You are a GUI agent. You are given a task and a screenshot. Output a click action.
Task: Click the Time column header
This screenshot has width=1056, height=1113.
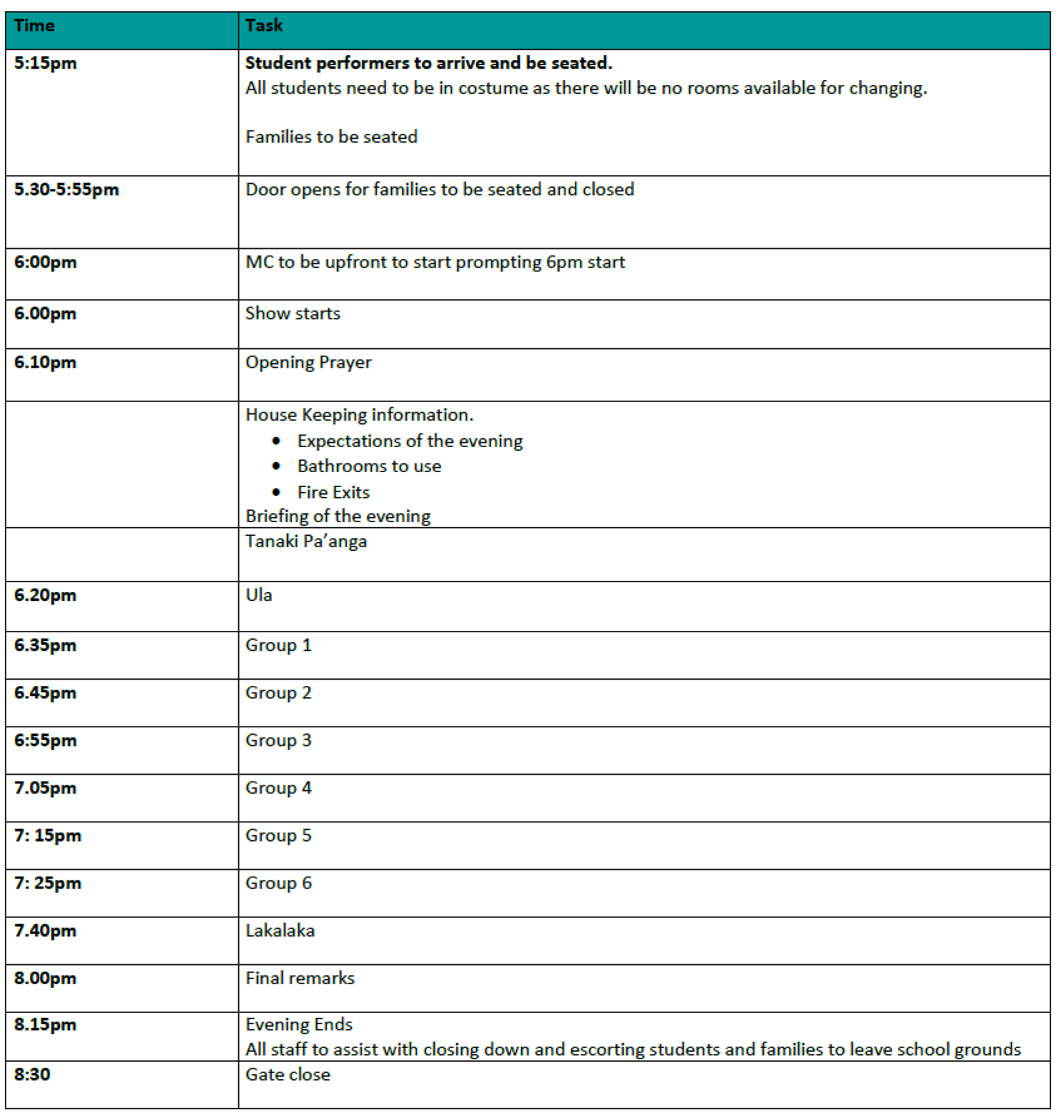[35, 26]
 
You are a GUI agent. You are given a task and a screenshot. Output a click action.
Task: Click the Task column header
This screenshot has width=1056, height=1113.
[263, 26]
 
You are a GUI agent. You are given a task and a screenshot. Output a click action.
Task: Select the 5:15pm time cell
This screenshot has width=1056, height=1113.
[46, 63]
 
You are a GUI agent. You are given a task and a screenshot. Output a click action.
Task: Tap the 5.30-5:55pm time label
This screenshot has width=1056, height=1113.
[66, 190]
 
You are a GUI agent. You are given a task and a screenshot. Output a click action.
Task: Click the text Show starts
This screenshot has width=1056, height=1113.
[293, 313]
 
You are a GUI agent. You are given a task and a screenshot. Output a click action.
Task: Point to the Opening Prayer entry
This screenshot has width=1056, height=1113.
[308, 362]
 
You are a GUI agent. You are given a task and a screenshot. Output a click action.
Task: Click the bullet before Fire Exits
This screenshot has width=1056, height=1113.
[276, 493]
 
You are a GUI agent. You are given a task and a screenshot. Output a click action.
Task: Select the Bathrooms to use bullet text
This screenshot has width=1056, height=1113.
[369, 466]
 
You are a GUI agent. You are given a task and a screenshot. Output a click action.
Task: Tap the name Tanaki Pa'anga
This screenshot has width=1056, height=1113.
[306, 541]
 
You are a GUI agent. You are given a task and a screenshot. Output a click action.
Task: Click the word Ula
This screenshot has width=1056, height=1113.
[258, 595]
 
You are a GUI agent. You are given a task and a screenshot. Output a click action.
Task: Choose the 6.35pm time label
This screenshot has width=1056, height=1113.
[46, 646]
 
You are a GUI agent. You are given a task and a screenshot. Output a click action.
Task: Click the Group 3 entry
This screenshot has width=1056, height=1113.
[278, 741]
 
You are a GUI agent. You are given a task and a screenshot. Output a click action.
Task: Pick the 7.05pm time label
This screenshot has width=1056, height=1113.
[46, 789]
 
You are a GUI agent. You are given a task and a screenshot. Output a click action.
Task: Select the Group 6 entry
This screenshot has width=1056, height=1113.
[278, 883]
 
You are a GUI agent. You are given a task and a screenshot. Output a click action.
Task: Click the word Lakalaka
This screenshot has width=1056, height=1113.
[280, 930]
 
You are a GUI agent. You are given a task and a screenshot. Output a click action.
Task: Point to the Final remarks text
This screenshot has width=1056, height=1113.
[299, 978]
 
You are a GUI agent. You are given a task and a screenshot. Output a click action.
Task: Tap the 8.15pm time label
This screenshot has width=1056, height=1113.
[46, 1025]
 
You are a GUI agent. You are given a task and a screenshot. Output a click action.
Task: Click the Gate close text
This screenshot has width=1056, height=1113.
[288, 1075]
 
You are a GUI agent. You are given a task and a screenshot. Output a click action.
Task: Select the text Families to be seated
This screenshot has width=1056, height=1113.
[331, 137]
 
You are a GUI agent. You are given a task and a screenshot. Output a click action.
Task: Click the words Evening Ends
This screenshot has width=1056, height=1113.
[298, 1025]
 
